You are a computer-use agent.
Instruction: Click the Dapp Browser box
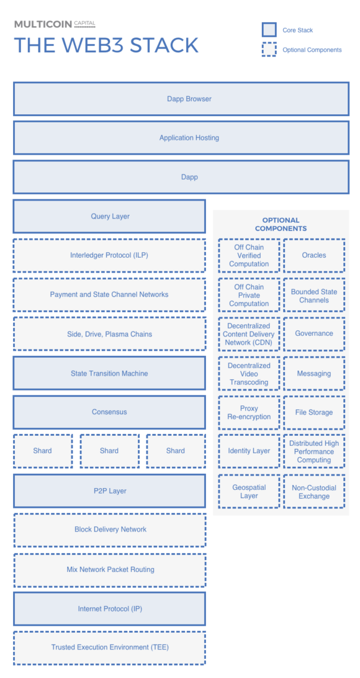click(181, 99)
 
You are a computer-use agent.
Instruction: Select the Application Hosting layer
click(181, 138)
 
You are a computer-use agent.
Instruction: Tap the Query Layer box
click(109, 216)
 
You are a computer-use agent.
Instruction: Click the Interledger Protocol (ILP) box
click(109, 255)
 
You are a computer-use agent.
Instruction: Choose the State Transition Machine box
click(109, 373)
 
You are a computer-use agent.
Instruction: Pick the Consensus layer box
click(109, 412)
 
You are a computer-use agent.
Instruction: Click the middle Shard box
click(109, 451)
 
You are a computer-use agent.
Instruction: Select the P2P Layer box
click(109, 490)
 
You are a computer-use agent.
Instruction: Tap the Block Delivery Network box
click(109, 530)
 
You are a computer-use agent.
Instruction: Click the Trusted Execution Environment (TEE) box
click(109, 647)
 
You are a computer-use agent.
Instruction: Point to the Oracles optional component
click(314, 255)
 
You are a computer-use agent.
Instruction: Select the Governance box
click(314, 333)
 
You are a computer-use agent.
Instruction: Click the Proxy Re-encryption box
click(249, 412)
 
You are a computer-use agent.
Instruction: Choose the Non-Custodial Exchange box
click(314, 492)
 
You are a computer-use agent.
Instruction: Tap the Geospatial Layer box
click(249, 492)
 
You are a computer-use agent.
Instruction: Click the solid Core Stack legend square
click(269, 30)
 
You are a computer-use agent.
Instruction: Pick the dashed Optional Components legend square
click(269, 50)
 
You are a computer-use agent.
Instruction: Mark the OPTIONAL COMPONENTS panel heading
click(281, 224)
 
